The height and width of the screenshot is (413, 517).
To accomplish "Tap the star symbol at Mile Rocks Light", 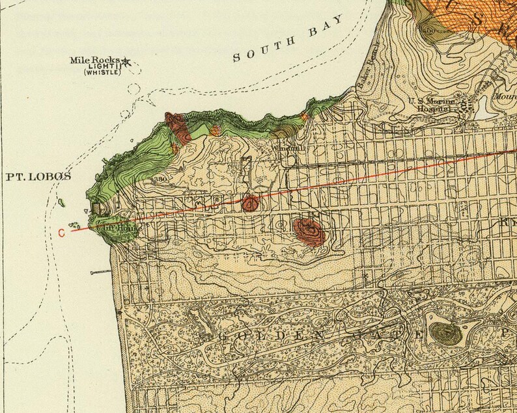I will click(x=126, y=62).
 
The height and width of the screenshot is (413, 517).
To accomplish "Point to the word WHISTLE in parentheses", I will click(x=102, y=73).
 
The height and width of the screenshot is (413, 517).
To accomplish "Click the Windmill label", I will click(x=288, y=148).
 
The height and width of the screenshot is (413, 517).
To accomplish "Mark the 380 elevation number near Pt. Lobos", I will click(x=160, y=180).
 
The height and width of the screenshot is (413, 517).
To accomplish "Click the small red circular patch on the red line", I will click(x=250, y=203).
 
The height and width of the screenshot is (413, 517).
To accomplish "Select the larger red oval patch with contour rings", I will click(x=309, y=231).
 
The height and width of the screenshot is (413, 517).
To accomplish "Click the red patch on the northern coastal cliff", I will click(x=178, y=127).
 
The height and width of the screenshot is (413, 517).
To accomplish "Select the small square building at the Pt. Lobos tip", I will click(x=96, y=209).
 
